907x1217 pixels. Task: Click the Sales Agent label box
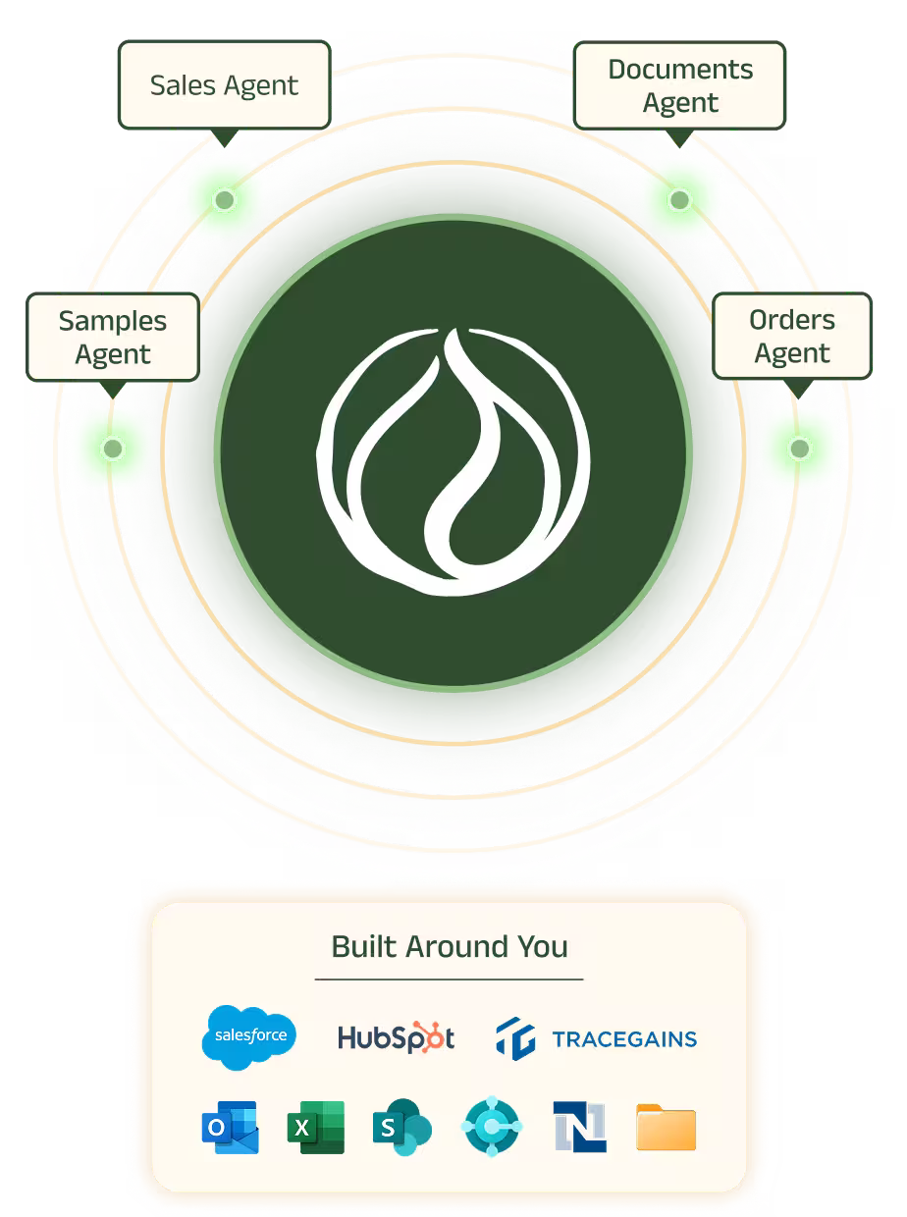[x=224, y=85]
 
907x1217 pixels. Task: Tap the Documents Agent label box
[x=679, y=85]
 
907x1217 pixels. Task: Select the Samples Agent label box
[x=113, y=337]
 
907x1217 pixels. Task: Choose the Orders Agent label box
[x=791, y=336]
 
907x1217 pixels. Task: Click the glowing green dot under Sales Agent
[x=225, y=200]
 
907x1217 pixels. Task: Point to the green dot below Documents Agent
[x=679, y=200]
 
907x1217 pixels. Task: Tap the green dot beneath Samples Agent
[x=113, y=449]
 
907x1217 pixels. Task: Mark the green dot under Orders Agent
[x=800, y=449]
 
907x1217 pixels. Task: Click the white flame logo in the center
[x=453, y=462]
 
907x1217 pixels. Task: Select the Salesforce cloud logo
[x=248, y=1036]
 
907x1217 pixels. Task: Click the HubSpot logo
[x=396, y=1037]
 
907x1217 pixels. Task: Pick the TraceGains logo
[x=597, y=1038]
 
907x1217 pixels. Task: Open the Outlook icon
[x=230, y=1128]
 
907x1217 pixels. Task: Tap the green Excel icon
[x=316, y=1128]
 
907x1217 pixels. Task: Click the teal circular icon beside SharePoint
[x=491, y=1128]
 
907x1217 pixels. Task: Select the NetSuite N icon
[x=579, y=1128]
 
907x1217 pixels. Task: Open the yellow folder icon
[x=666, y=1128]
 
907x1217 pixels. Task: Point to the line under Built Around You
[x=449, y=979]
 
